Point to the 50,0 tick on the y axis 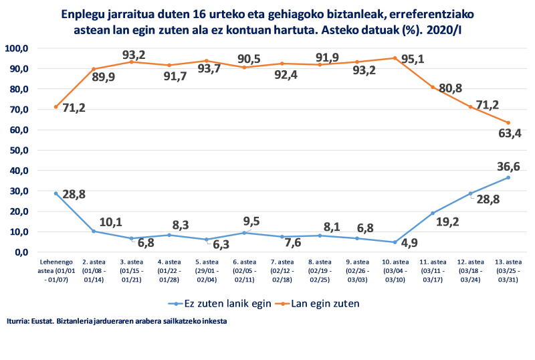pos(18,150)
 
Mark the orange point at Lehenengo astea pos(56,107)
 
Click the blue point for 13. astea pos(508,177)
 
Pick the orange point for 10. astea pos(395,58)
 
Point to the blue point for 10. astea pos(395,242)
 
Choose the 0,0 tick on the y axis pos(21,252)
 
